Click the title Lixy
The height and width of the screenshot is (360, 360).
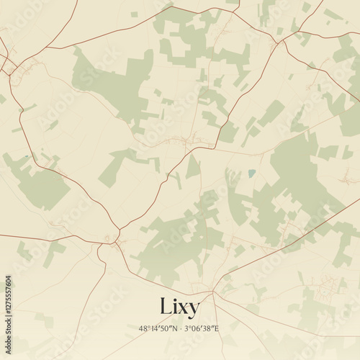[179, 306]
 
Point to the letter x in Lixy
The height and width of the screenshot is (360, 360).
[184, 307]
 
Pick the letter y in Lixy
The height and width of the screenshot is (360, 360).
[195, 309]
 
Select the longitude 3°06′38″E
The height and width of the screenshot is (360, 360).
[202, 328]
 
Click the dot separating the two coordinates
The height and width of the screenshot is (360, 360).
[180, 328]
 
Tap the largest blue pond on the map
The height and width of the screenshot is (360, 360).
[251, 173]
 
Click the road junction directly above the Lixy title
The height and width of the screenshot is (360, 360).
[212, 292]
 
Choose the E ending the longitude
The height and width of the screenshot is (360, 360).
[217, 328]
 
